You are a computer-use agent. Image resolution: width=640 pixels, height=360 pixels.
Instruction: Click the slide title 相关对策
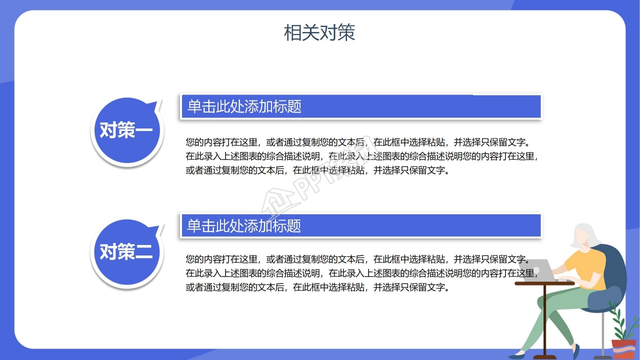click(319, 32)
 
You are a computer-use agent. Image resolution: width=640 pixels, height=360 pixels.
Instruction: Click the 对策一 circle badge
click(126, 131)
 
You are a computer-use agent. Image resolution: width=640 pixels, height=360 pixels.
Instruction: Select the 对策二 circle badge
click(126, 252)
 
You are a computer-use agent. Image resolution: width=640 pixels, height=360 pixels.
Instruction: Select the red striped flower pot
click(623, 349)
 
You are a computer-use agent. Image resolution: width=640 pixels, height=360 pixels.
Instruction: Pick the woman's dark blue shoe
click(570, 352)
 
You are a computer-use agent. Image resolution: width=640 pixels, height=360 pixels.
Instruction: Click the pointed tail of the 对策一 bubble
click(159, 105)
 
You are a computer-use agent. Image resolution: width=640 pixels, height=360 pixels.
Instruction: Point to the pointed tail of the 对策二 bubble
click(159, 227)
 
